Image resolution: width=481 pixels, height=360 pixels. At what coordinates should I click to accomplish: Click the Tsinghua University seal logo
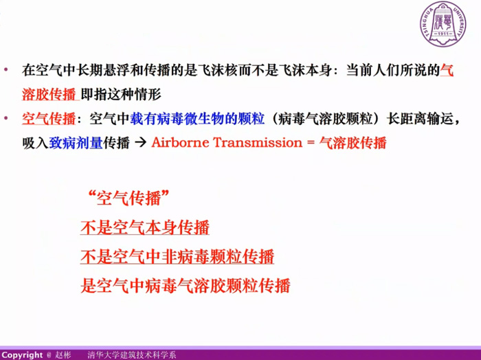click(x=443, y=24)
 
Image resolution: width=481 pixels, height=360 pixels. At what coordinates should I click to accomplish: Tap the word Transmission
click(x=258, y=143)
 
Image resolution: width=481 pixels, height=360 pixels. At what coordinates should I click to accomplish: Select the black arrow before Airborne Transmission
click(x=140, y=143)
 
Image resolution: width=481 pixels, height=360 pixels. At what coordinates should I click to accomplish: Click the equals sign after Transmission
click(x=311, y=143)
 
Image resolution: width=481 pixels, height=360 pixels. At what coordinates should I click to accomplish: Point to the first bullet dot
click(x=5, y=70)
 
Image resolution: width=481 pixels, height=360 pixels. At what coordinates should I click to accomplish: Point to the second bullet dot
click(x=5, y=118)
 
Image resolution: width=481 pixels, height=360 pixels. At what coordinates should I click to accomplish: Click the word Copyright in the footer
click(x=23, y=355)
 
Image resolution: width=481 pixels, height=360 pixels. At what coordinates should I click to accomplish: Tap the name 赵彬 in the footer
click(x=63, y=355)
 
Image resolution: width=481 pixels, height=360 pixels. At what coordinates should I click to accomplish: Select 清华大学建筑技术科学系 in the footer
click(x=132, y=355)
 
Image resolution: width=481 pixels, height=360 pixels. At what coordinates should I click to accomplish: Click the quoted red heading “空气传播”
click(x=128, y=198)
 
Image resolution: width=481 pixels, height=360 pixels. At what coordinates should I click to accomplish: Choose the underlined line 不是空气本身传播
click(x=145, y=227)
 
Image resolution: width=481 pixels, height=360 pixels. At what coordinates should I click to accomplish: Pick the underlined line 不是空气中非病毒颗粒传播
click(x=177, y=256)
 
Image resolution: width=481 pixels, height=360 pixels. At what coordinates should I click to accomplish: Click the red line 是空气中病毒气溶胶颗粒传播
click(x=186, y=286)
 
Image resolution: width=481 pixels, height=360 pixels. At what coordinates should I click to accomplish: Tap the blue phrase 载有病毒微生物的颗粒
click(x=197, y=119)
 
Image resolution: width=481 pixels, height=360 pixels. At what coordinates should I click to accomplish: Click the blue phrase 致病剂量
click(x=76, y=143)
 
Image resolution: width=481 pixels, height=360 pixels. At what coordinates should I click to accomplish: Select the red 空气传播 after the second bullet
click(x=49, y=119)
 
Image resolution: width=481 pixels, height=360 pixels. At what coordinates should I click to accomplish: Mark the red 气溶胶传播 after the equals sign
click(x=353, y=143)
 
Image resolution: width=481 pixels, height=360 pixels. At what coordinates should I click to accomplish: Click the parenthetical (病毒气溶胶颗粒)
click(x=325, y=119)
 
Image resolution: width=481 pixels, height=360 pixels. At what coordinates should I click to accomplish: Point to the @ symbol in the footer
click(x=49, y=355)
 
